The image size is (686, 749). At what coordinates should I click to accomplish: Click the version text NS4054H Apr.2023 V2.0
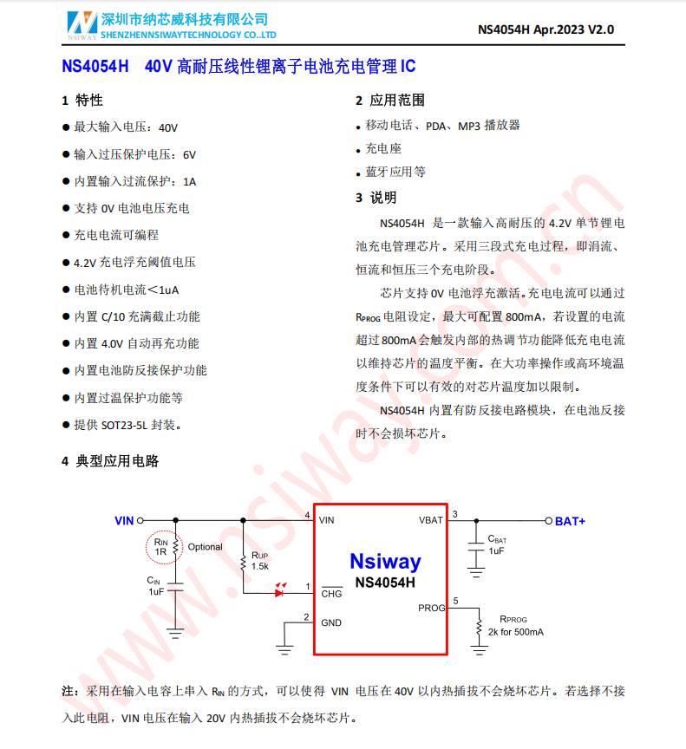546,29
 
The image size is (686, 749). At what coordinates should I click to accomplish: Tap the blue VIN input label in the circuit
124,521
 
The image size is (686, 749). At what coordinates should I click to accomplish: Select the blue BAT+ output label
570,521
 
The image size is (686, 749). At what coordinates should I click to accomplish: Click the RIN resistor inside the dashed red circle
175,547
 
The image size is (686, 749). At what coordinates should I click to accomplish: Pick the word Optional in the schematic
206,547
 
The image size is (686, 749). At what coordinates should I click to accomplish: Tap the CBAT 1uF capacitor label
497,544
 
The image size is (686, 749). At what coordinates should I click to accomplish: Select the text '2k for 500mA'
516,632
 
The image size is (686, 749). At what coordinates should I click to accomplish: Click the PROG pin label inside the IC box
431,608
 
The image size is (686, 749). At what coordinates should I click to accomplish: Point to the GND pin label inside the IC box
331,622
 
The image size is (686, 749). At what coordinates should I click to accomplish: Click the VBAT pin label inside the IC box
430,520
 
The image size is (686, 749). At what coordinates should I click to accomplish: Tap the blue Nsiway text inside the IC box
384,561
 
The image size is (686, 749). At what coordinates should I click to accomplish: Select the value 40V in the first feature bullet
168,127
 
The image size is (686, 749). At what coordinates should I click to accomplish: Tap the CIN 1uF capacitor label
155,585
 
